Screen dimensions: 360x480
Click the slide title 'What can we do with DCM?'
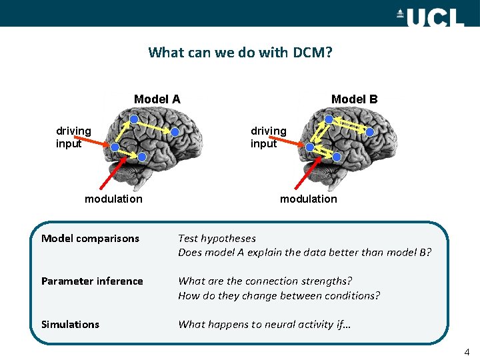[239, 52]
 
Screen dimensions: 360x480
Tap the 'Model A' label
[157, 99]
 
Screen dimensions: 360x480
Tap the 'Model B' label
[354, 99]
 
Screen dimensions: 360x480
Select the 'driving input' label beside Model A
[73, 137]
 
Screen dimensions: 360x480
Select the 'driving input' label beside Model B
[268, 137]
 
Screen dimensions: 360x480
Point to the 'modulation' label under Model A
[113, 199]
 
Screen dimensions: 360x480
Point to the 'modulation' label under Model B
[308, 199]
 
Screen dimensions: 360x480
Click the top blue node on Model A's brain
[133, 119]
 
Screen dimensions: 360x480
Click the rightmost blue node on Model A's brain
[175, 132]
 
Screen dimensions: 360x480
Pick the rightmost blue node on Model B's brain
[369, 132]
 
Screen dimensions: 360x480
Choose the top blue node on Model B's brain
[328, 119]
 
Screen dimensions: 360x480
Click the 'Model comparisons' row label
[90, 239]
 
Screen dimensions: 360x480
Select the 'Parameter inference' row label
[92, 281]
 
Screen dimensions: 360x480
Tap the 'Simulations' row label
[70, 325]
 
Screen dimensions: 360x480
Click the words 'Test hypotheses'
[217, 239]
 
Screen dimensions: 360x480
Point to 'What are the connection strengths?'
[265, 281]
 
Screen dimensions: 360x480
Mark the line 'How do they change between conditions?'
[279, 296]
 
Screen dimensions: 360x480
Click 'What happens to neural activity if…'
[264, 325]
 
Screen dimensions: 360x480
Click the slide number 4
[467, 351]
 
